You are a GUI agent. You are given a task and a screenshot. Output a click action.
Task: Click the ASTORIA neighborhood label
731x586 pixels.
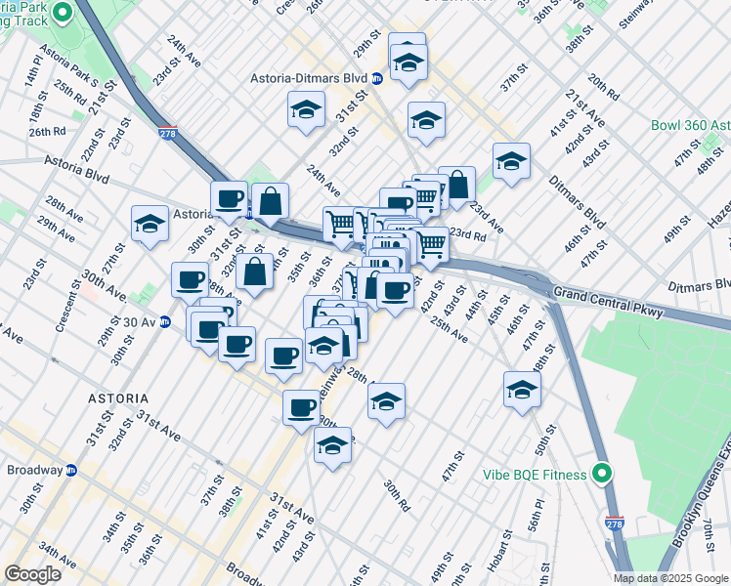(117, 398)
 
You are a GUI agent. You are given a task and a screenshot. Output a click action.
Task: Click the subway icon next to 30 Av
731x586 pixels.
(165, 321)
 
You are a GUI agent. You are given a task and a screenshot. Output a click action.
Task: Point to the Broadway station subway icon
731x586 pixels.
(71, 470)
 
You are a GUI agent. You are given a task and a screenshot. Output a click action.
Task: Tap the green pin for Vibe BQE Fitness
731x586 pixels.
(603, 475)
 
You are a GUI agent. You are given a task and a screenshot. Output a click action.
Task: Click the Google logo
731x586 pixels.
(32, 574)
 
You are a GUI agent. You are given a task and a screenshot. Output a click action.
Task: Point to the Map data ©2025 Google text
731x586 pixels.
(670, 578)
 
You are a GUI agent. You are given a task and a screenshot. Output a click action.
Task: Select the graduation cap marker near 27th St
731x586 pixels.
(150, 224)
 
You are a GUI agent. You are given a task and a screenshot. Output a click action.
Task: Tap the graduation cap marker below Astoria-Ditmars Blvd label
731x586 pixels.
(306, 110)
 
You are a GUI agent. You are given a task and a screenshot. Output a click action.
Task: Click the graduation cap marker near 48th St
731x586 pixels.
(523, 390)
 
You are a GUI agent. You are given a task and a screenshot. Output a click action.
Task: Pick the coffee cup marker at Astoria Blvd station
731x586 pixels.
(229, 198)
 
